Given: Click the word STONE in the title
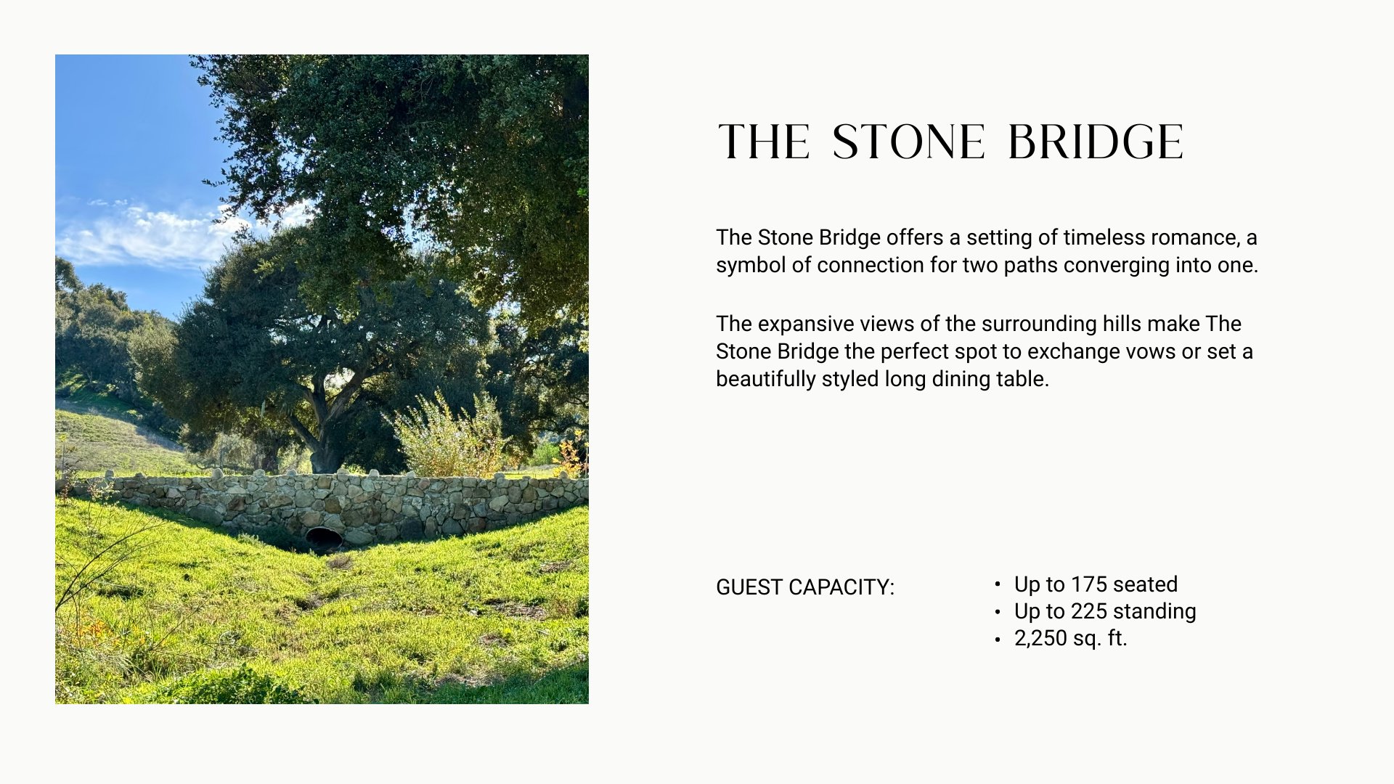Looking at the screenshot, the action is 908,142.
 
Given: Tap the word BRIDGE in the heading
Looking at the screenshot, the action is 1096,142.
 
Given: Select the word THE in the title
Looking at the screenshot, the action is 763,142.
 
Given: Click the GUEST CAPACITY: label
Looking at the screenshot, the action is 805,587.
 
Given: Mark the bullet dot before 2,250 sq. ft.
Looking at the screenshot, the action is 998,640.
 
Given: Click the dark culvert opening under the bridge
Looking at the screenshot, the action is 324,538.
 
